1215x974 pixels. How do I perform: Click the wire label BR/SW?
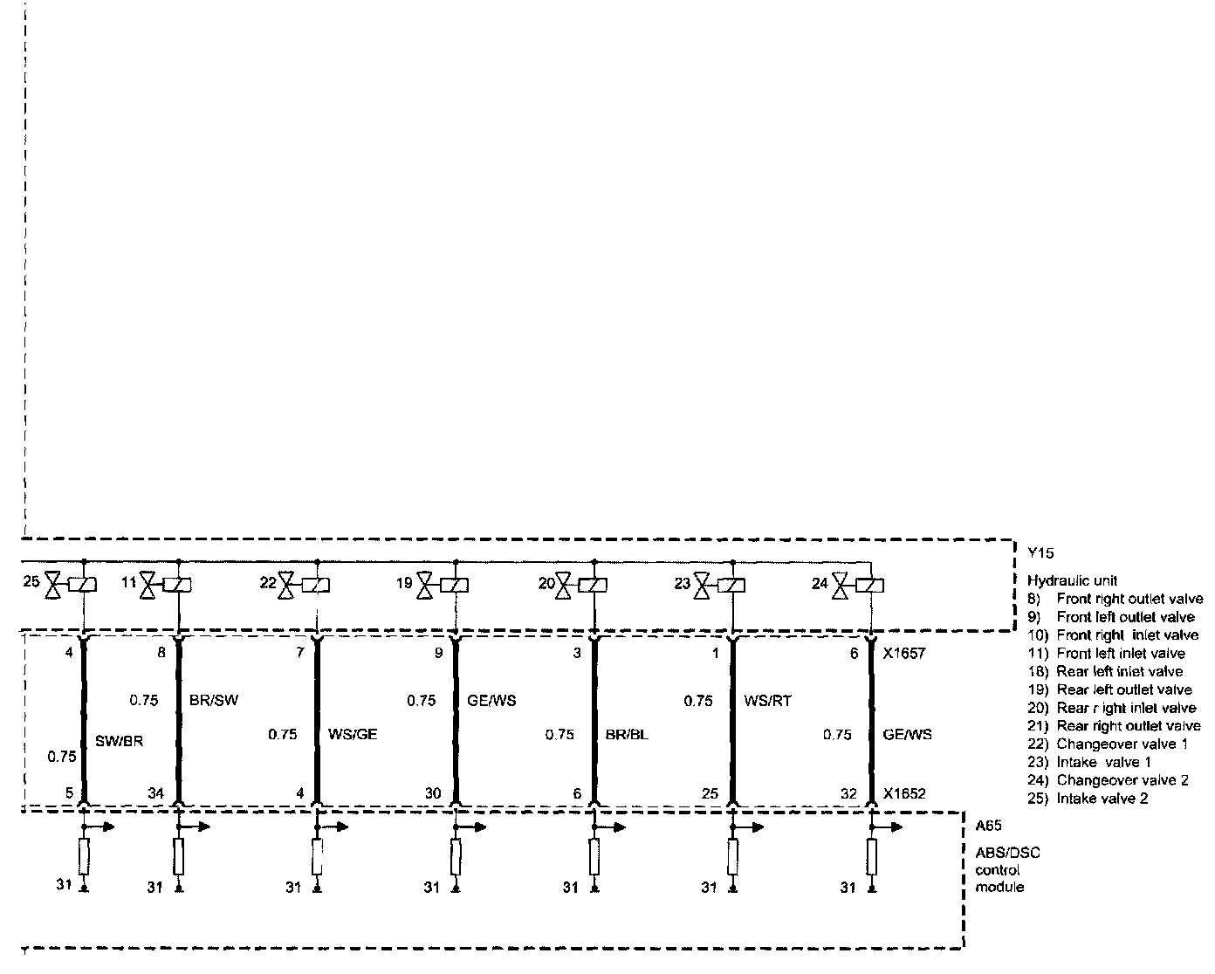point(213,700)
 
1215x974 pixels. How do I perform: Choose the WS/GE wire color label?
point(352,735)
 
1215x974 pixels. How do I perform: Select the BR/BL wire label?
point(627,735)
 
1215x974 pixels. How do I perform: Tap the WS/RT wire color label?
point(768,700)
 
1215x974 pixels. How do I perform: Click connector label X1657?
point(904,653)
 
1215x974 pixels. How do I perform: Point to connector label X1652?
point(904,794)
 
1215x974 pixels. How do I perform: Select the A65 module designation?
point(989,826)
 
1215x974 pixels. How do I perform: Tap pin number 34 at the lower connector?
point(155,794)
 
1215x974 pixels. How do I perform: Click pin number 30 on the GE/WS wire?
point(433,794)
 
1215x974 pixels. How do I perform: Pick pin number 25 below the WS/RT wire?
point(710,794)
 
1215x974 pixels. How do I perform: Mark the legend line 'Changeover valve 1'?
point(1109,744)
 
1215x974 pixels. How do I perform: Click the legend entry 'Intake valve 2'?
point(1102,799)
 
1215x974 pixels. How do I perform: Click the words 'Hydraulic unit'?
point(1072,580)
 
